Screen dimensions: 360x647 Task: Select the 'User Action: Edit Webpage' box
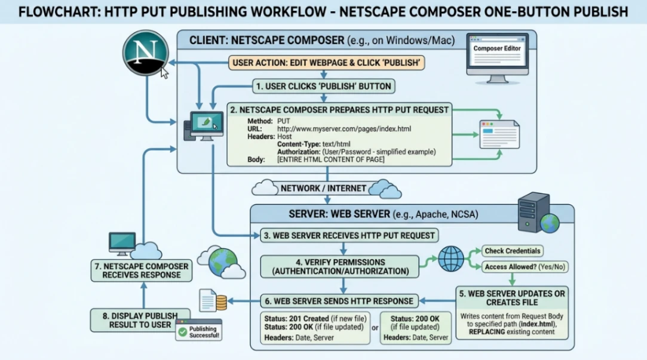click(326, 63)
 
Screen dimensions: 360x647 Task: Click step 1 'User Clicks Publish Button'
click(323, 87)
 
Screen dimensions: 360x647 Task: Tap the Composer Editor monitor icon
click(496, 56)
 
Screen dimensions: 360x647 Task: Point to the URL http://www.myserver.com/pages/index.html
click(344, 129)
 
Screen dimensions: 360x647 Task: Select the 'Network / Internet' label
click(323, 188)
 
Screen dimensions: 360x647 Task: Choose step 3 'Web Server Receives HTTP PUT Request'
click(349, 235)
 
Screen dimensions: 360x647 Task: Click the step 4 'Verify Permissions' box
click(341, 266)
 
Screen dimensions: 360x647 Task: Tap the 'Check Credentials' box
click(513, 251)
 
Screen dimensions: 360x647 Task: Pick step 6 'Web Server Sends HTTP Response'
click(339, 301)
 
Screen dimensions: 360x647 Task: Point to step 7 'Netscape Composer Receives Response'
click(141, 270)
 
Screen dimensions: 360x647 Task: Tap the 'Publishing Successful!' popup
click(199, 332)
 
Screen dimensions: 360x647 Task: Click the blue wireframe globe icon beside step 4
click(451, 259)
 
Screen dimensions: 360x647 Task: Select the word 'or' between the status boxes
click(375, 327)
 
